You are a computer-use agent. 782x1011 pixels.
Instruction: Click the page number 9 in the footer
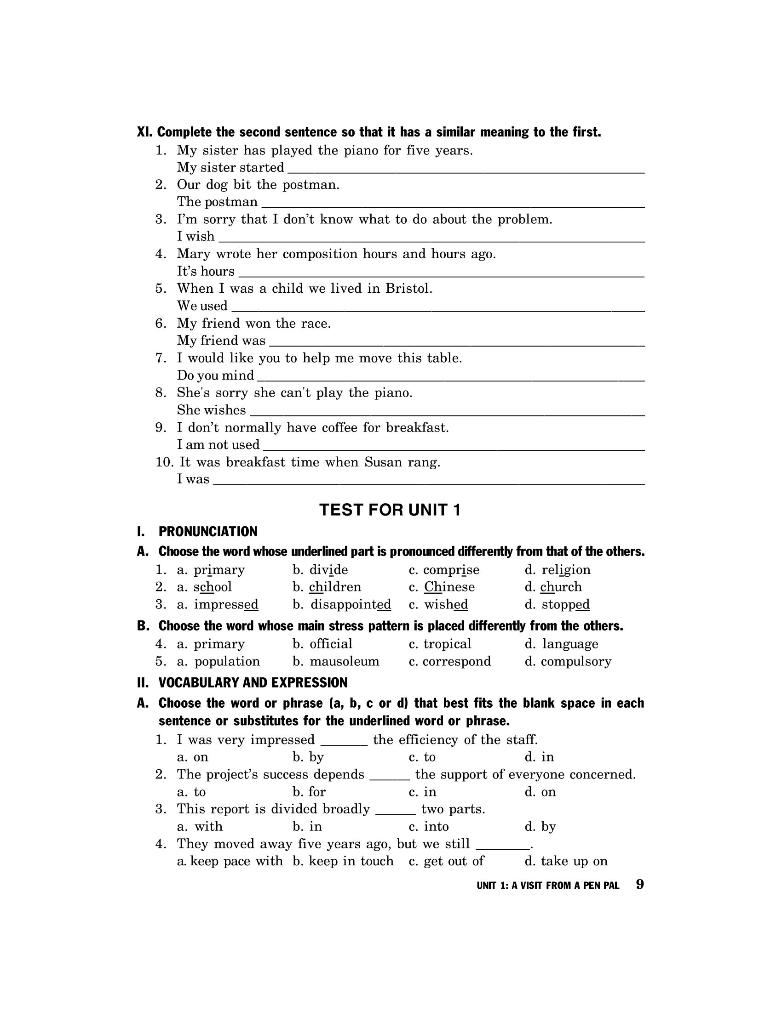640,884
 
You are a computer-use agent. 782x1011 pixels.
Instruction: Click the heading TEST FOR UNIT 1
390,510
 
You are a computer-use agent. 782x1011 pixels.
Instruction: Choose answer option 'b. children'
327,587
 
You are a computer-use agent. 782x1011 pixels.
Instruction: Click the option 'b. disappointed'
342,605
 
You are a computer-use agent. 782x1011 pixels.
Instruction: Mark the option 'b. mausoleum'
336,661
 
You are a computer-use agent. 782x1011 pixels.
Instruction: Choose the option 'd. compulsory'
568,661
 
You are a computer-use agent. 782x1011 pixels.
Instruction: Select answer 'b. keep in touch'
343,861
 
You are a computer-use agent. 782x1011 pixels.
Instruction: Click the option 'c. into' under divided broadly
429,826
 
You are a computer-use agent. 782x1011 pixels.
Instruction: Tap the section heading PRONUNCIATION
207,531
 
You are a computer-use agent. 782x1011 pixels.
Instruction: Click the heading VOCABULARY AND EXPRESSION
253,683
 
